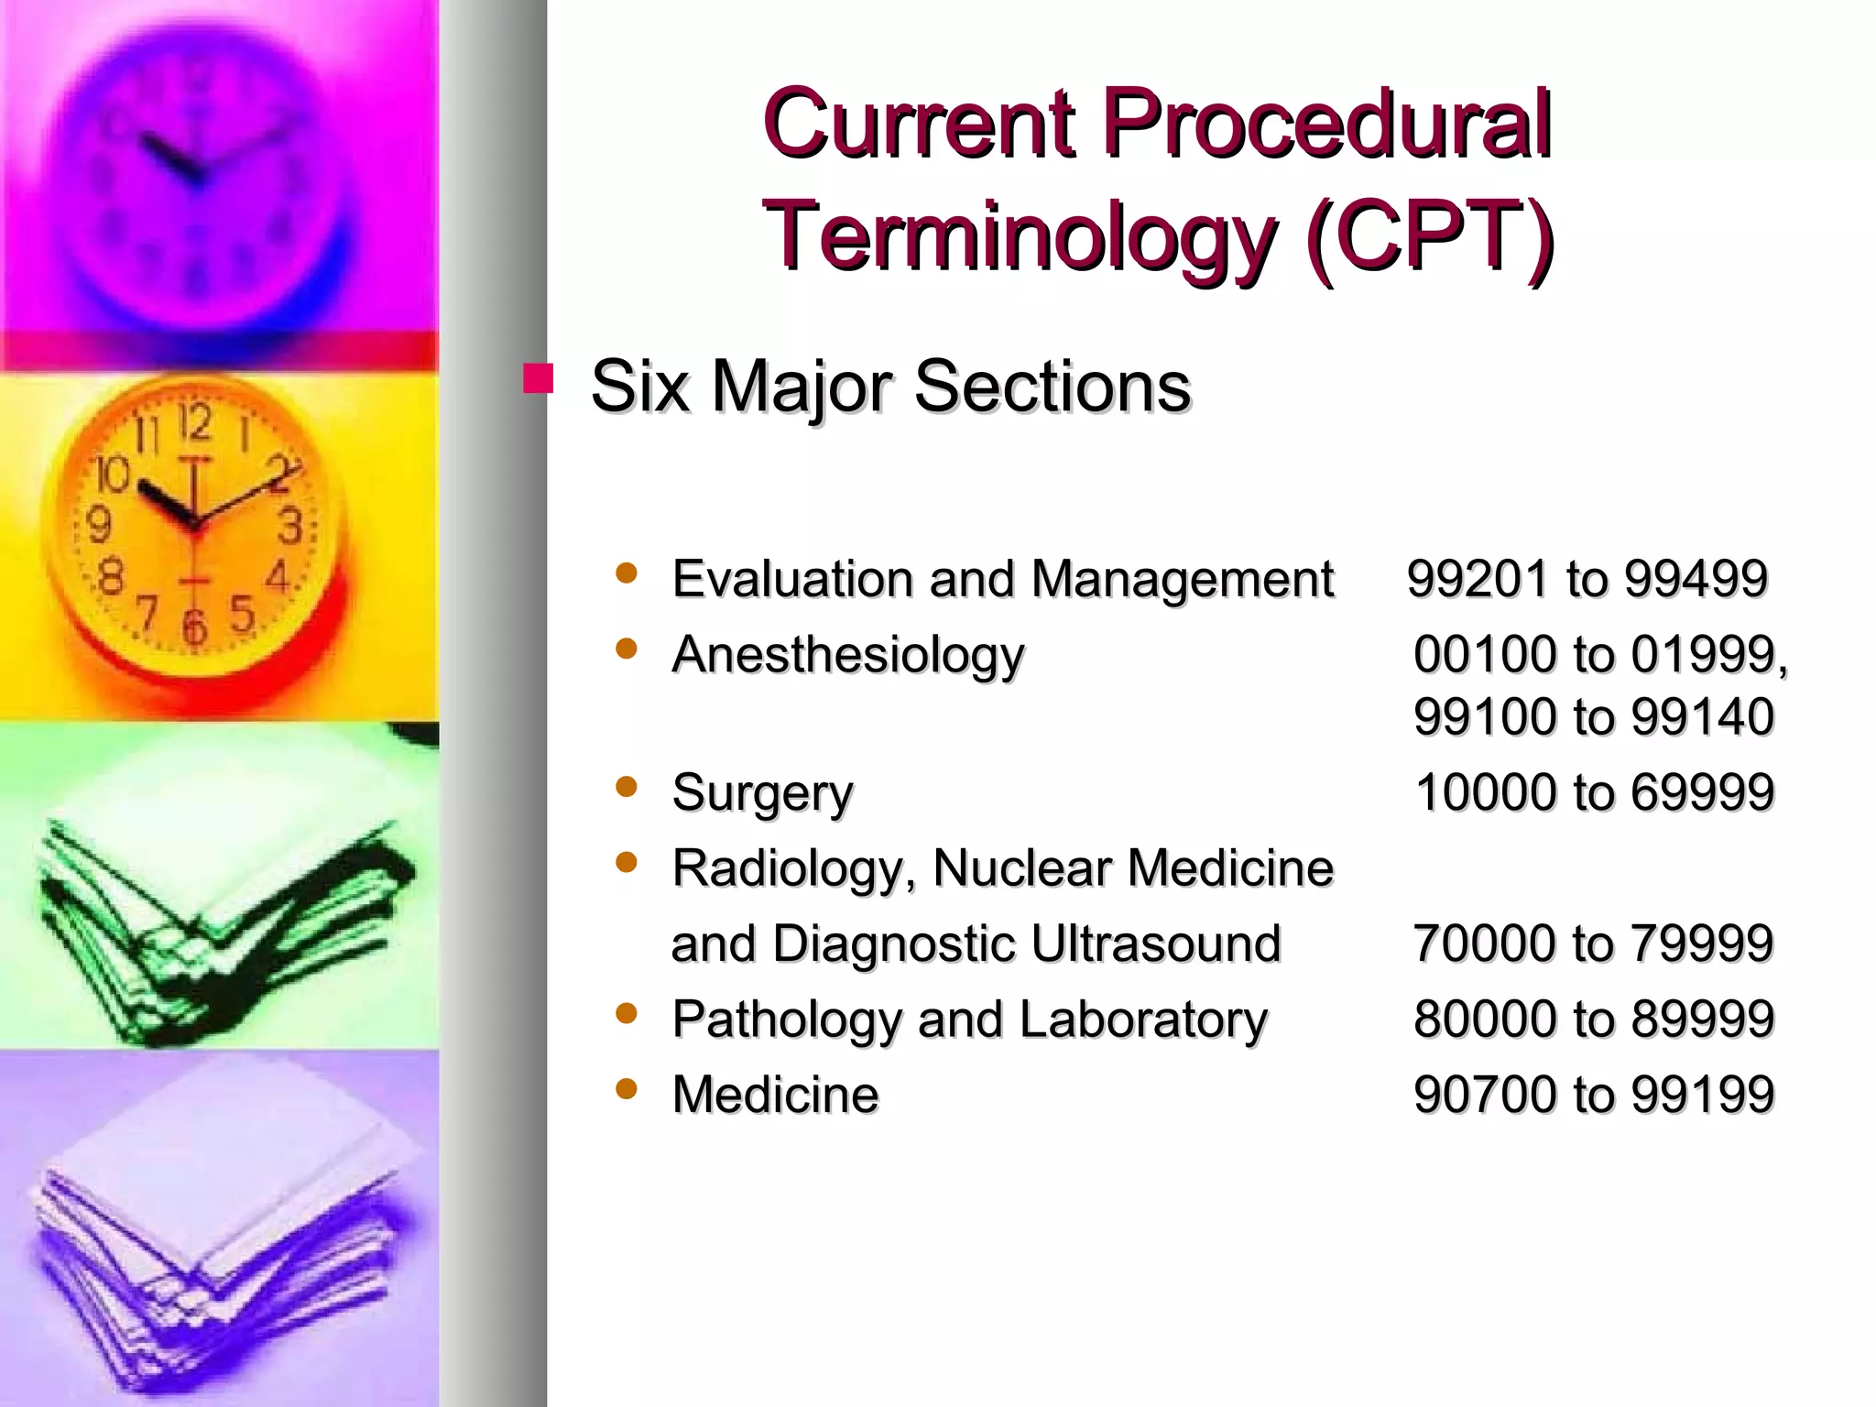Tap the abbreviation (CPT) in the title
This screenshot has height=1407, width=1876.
pos(1430,236)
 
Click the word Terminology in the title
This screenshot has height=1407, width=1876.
pos(1019,236)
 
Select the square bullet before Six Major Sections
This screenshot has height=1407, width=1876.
pos(539,379)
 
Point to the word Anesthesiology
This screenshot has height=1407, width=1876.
pos(847,656)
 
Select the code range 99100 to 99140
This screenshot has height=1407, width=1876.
pos(1593,716)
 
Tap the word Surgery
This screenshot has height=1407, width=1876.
pos(761,793)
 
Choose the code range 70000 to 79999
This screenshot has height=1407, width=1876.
pos(1593,943)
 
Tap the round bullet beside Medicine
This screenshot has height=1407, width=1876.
pos(627,1089)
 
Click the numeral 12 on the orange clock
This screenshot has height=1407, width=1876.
pos(194,422)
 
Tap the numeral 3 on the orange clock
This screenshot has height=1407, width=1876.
pos(290,527)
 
